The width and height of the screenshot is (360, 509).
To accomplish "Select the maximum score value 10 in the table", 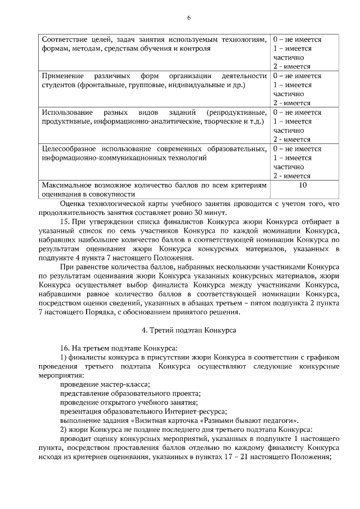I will pyautogui.click(x=303, y=184).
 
